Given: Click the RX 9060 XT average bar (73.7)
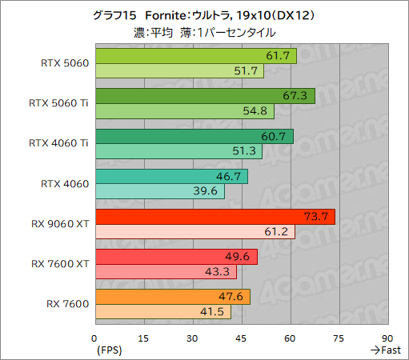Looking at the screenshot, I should coord(215,217).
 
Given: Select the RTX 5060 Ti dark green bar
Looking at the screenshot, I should coord(204,96).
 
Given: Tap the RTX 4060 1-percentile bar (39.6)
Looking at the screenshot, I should coord(159,192).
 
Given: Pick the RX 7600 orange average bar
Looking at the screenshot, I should coord(172,298).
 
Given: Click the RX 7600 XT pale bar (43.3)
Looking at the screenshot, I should coord(165,273).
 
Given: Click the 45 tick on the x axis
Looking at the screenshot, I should coord(242,338).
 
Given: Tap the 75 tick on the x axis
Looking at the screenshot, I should coord(339,338).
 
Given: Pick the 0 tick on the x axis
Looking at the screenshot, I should coord(94,338).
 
